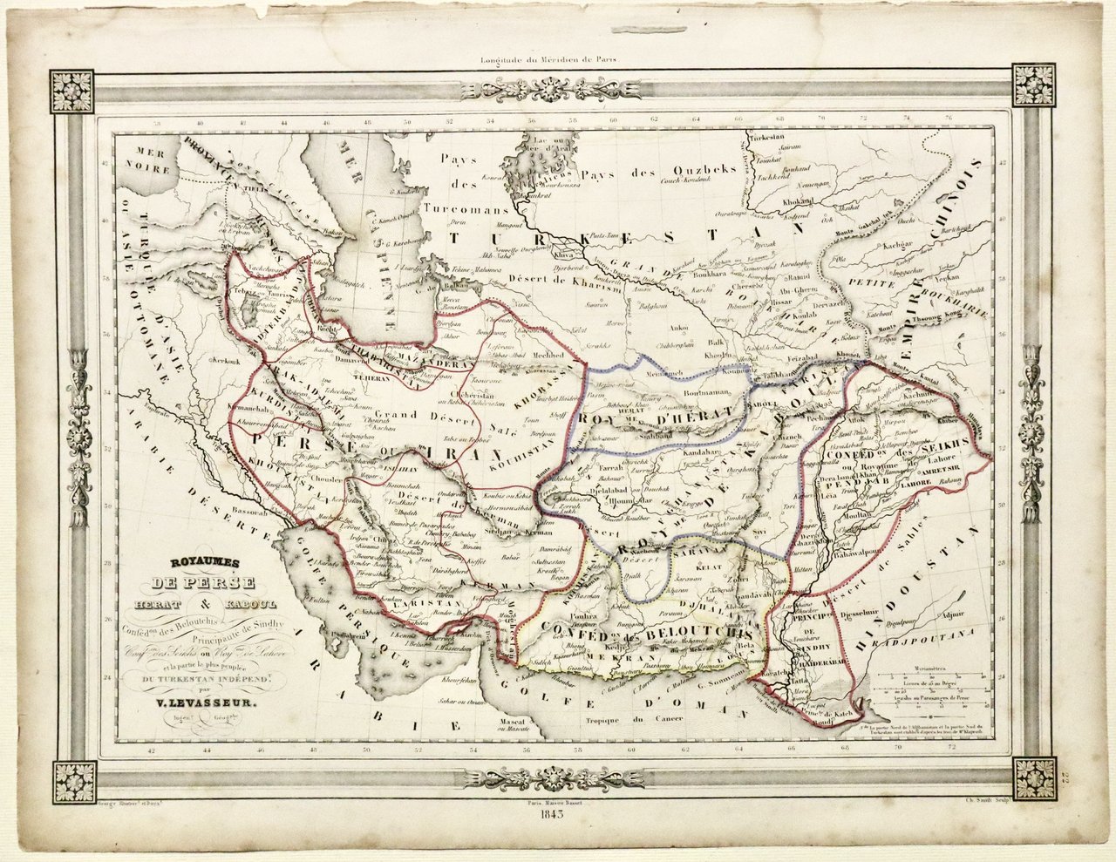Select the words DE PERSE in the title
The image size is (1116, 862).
tap(201, 583)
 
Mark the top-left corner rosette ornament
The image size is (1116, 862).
tap(72, 90)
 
